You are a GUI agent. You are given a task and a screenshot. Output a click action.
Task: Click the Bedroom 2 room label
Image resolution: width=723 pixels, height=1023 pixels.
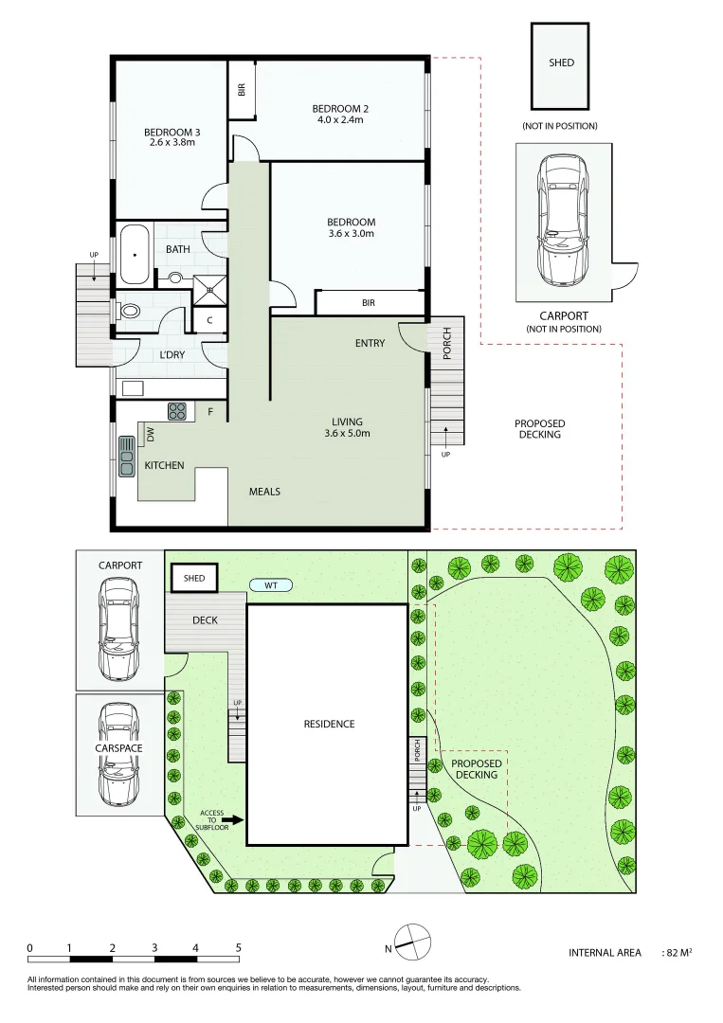340,109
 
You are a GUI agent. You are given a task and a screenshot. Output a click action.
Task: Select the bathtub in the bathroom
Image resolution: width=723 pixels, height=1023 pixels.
134,254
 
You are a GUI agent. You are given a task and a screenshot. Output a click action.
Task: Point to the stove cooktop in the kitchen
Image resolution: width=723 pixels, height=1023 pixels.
177,411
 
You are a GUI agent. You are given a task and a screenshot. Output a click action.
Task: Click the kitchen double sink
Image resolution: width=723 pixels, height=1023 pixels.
126,456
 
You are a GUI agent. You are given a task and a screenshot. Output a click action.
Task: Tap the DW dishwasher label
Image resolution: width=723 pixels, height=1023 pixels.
150,434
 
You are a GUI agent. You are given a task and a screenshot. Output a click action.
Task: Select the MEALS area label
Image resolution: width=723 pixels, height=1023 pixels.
264,492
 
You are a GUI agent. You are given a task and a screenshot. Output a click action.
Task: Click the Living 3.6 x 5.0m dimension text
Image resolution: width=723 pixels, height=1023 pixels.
347,434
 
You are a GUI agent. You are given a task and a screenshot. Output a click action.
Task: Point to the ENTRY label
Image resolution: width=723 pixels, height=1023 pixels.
370,343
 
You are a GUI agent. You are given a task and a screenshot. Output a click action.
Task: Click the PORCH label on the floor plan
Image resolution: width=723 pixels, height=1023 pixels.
447,343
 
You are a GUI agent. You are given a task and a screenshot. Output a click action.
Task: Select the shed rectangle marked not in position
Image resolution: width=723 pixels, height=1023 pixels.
561,66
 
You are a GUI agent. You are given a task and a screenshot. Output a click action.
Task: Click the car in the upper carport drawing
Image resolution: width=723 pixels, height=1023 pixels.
562,220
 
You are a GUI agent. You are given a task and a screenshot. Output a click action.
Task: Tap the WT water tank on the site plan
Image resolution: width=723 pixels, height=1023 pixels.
271,584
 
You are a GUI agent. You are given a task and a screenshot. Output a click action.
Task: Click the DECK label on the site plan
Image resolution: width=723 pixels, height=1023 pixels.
206,620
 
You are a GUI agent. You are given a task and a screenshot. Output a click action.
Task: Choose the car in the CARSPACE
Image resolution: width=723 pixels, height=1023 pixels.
119,751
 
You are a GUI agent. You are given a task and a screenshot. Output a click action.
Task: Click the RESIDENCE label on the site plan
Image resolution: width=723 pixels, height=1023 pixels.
329,724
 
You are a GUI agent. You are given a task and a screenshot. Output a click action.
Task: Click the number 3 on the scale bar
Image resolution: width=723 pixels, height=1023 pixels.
154,948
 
